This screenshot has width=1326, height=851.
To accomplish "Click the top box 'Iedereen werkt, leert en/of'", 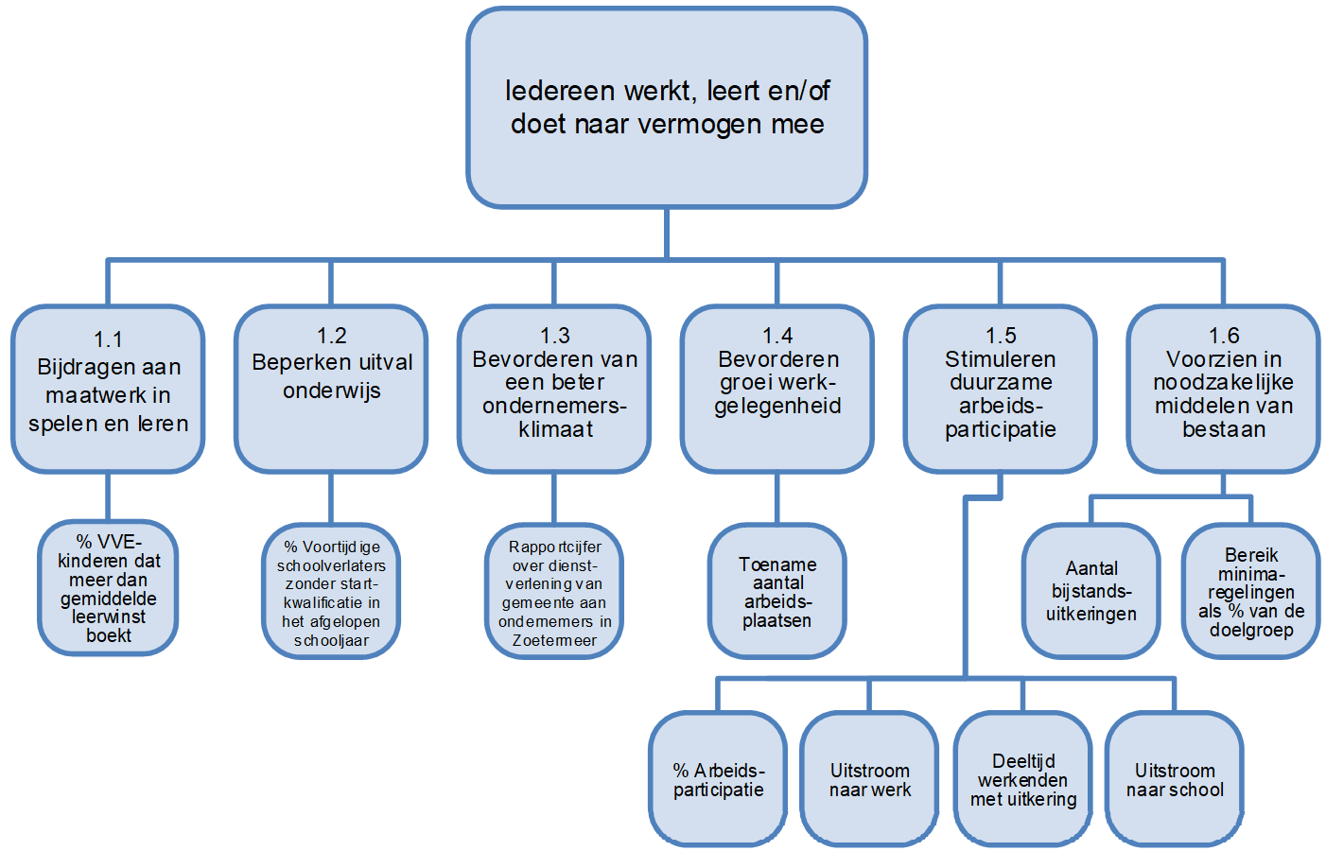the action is point(667,108).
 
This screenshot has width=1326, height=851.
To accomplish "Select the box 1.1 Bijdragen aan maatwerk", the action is point(108,389).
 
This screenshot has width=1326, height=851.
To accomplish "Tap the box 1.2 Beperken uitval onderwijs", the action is point(331,389).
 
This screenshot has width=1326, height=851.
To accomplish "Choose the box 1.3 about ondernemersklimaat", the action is point(554,389).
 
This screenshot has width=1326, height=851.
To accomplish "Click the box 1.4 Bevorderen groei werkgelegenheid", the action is point(777,389).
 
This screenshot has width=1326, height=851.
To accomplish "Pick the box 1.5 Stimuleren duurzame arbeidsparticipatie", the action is point(1001,389).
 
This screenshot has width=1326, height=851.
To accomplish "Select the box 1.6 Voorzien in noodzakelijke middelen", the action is point(1224,389).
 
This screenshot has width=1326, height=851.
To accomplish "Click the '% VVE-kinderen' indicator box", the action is point(109,587).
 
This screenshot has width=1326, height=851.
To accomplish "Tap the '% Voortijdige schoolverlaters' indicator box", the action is point(331,591).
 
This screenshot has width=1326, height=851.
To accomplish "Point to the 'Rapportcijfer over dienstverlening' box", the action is point(554,591).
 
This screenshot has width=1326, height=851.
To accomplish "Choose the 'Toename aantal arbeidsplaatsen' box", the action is point(777,591).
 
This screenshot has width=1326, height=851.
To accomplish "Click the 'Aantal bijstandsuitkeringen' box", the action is point(1091,591).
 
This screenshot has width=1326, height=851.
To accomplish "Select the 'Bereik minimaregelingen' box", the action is point(1251,591).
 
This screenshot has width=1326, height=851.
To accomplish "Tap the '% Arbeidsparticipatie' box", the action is point(718,779).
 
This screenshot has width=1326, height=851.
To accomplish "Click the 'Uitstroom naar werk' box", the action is point(869,779).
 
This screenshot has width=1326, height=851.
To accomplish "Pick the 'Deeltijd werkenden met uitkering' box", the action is point(1023,779).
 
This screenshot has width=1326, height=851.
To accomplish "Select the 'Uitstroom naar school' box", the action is point(1175,779).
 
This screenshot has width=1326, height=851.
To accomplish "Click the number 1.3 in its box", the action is point(554,336).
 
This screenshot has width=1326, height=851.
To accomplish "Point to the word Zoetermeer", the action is point(554,640).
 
